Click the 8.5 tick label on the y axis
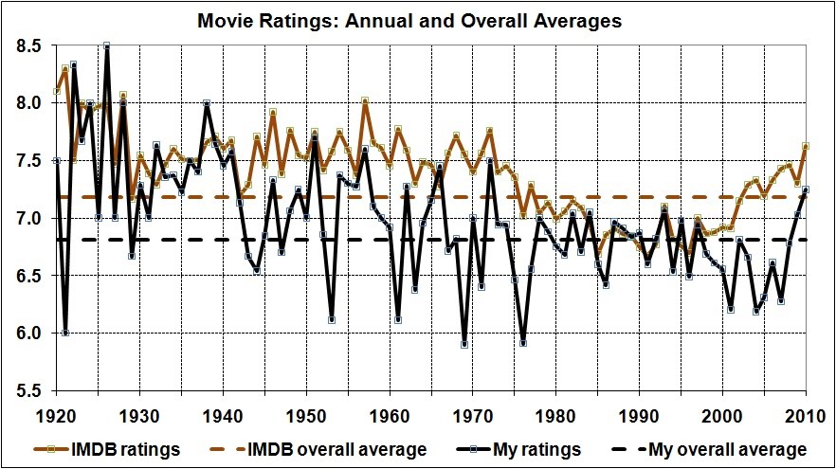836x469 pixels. tap(28, 45)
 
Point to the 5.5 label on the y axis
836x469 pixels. tap(28, 390)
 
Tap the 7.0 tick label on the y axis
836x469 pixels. tap(28, 218)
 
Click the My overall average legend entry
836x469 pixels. tap(719, 449)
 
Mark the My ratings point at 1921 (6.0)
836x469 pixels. tap(65, 333)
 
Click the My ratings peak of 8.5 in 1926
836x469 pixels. tap(107, 45)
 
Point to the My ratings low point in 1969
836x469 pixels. tap(464, 344)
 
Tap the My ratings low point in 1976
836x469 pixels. tap(522, 343)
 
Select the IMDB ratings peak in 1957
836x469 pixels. tap(365, 99)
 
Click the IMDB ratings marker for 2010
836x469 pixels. tap(806, 146)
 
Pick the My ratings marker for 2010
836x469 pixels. tap(806, 189)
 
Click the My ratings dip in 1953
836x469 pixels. tap(332, 319)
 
